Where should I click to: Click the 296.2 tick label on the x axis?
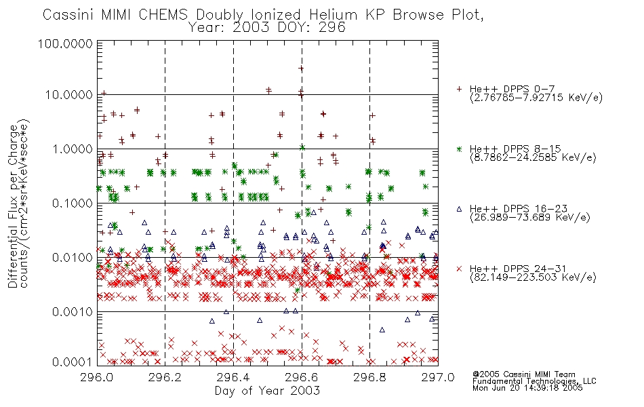tap(165, 377)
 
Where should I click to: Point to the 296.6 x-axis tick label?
tap(302, 377)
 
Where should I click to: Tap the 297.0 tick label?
tap(438, 377)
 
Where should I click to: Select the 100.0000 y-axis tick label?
tap(65, 43)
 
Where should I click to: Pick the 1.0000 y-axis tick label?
tap(73, 149)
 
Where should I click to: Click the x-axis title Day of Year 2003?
tap(267, 391)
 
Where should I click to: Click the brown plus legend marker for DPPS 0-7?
tap(459, 89)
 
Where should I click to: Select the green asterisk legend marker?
tap(459, 149)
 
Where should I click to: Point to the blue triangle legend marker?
tap(459, 209)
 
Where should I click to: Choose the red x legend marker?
tap(459, 269)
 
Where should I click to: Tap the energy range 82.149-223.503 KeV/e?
tap(533, 277)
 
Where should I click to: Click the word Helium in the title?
tap(333, 15)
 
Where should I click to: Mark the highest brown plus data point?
tap(301, 69)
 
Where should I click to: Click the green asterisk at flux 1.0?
tap(302, 148)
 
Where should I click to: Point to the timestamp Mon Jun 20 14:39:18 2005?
tap(527, 388)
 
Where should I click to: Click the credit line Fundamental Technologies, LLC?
tap(534, 381)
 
